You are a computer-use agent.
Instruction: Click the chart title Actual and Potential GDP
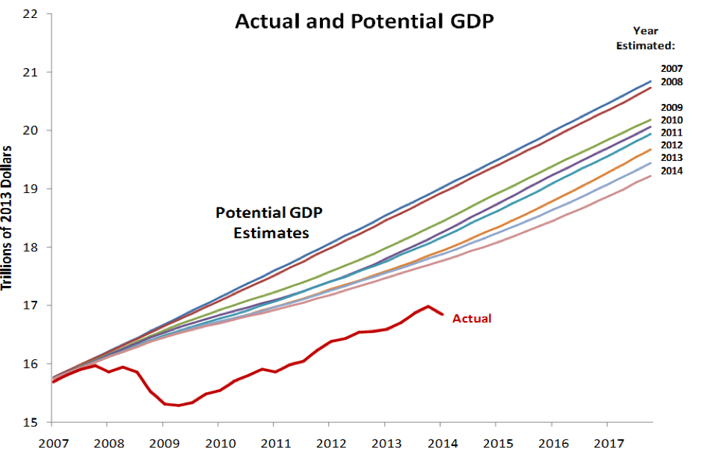pos(365,21)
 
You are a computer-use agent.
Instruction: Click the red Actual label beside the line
pos(472,319)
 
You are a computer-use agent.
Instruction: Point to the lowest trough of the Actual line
pos(179,406)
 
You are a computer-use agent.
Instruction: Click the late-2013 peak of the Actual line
pos(428,306)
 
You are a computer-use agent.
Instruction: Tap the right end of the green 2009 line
pos(650,120)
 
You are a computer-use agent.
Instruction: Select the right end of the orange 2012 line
pos(650,150)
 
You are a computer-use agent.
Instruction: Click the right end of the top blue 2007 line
pos(650,81)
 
